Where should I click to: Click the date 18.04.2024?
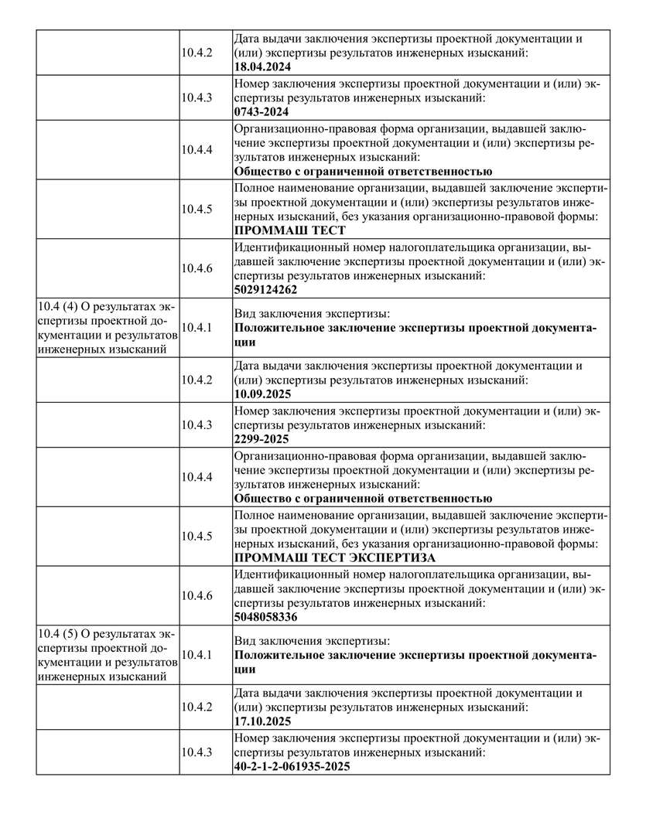point(262,67)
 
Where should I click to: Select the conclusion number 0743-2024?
point(261,111)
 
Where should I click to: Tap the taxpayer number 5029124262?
point(265,290)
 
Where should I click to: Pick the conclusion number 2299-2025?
point(261,439)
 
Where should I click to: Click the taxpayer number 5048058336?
point(265,618)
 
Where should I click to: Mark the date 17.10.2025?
point(262,721)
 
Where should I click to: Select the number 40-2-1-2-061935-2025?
point(292,766)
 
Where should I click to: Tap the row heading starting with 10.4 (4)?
point(107,328)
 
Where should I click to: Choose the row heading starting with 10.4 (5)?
point(107,655)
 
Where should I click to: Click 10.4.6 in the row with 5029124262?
point(197,268)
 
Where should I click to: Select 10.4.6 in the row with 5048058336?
point(197,595)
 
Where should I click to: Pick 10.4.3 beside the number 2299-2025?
point(197,424)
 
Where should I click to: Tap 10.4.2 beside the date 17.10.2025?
point(197,707)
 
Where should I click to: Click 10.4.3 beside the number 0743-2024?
point(197,97)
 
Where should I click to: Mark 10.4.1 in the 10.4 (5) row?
point(197,655)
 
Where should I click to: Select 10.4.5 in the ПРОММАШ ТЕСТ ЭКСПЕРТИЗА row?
point(197,536)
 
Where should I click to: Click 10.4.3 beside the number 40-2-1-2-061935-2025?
point(197,751)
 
